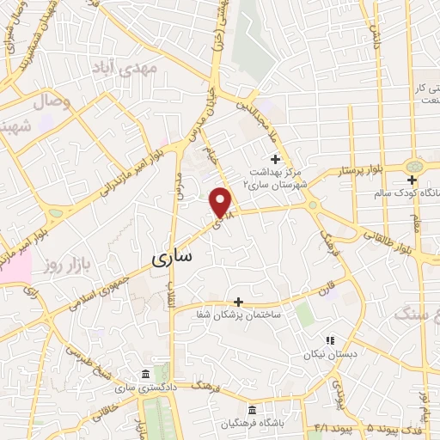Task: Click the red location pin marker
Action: (222, 202)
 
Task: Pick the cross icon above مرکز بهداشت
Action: (275, 159)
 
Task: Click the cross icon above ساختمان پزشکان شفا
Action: (238, 302)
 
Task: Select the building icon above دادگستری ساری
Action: (144, 374)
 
